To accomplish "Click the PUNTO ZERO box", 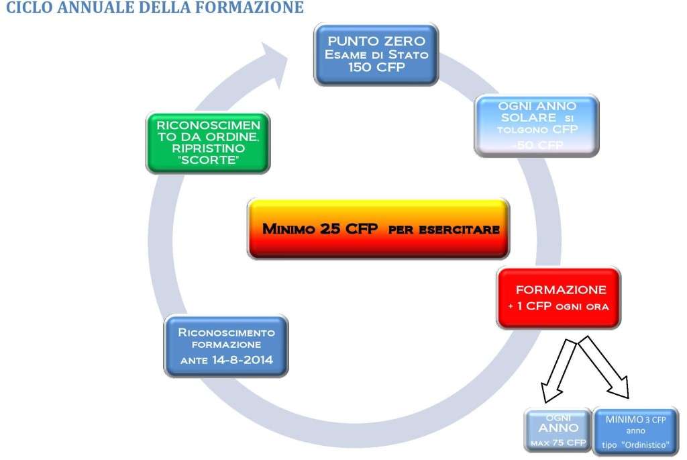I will click(376, 54).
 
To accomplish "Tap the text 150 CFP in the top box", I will click(376, 68).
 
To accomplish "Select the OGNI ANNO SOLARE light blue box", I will click(537, 126).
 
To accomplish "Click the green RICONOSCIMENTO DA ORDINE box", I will click(207, 141).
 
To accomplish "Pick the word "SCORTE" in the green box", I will click(207, 160).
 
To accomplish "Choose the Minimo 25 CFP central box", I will click(380, 228).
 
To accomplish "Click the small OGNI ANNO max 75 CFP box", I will click(558, 430).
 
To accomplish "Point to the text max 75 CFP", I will click(558, 441).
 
